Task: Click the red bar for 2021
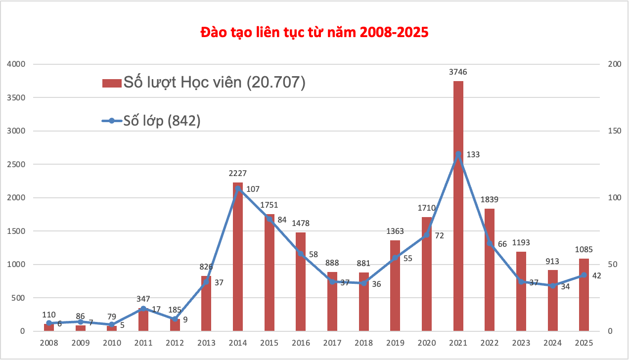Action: point(458,223)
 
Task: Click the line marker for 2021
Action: point(458,154)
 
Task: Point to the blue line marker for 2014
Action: point(238,188)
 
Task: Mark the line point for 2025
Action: point(584,275)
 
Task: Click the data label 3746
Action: point(458,72)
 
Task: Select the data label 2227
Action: point(237,174)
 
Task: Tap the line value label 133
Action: point(473,155)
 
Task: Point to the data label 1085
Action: point(584,250)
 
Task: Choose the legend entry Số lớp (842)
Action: point(151,121)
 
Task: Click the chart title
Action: point(314,33)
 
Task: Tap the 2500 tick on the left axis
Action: point(16,164)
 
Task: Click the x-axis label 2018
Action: point(363,343)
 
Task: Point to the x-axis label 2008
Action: point(49,343)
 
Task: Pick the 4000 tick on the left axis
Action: point(16,64)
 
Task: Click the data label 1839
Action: point(489,200)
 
